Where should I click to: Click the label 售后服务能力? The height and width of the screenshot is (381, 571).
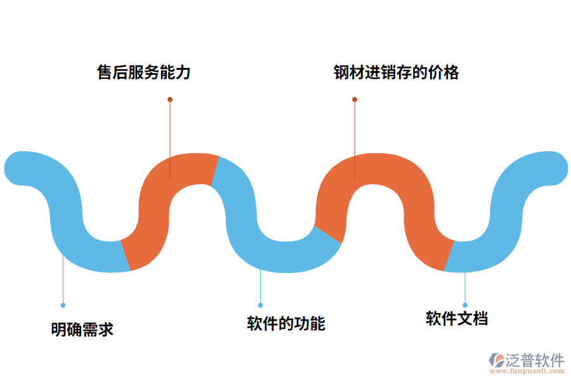[143, 72]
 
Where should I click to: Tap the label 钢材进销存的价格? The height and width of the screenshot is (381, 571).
[396, 72]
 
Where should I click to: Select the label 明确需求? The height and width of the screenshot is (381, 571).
[82, 330]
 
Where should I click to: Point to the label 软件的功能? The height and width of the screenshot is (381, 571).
[285, 324]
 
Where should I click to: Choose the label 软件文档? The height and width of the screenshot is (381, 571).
[457, 319]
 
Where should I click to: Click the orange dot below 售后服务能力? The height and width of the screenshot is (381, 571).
[170, 100]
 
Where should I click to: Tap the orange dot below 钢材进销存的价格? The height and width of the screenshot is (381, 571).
[355, 100]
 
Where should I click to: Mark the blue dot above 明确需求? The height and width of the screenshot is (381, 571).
[63, 305]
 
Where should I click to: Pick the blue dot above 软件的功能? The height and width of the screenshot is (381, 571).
[260, 305]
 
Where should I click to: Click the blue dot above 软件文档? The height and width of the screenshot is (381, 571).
[465, 305]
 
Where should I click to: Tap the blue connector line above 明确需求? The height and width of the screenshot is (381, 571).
[63, 279]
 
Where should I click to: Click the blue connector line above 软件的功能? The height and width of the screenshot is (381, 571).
[260, 286]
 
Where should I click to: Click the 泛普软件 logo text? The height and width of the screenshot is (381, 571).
[534, 360]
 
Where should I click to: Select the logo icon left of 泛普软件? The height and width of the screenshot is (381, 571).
[496, 361]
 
